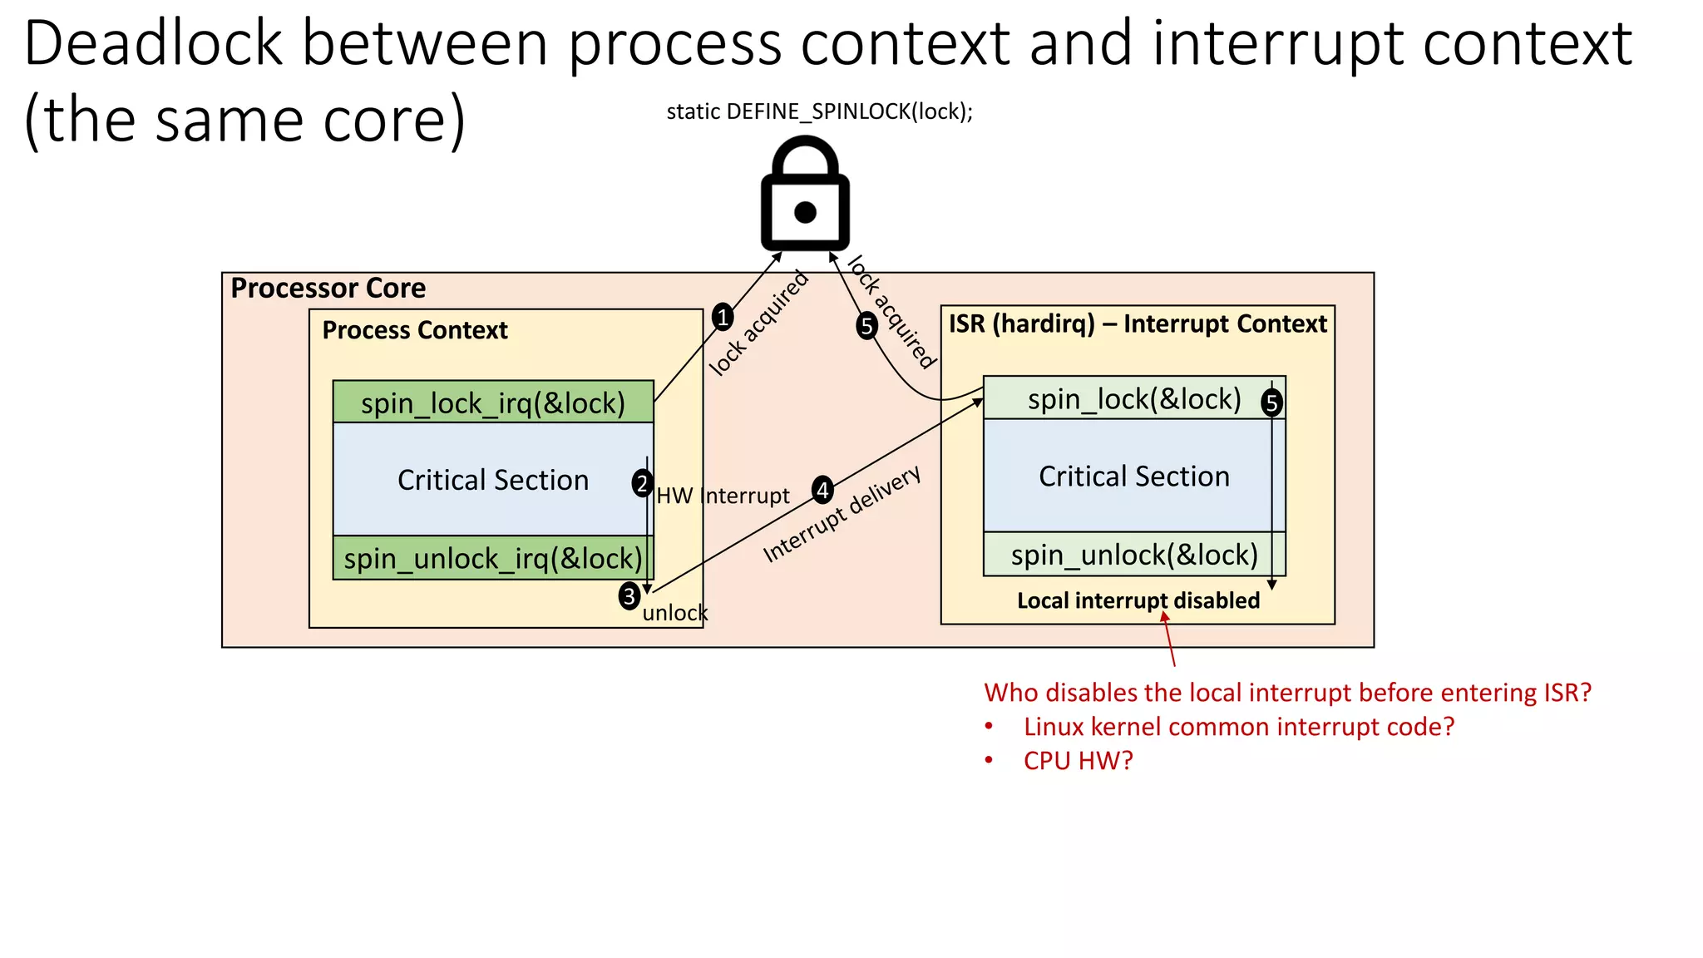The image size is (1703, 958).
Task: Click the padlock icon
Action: tap(805, 195)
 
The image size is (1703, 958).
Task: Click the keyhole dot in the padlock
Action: tap(805, 213)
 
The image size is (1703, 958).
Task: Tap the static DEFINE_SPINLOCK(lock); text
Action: tap(819, 111)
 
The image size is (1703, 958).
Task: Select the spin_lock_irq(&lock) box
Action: tap(492, 403)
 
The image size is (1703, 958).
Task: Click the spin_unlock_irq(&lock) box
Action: tap(492, 558)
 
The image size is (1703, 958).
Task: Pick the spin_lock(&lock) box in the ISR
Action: tap(1133, 399)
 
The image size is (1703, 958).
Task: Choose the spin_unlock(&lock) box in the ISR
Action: tap(1133, 555)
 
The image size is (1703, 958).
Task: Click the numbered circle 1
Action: tap(723, 317)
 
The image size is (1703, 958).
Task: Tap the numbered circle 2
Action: tap(642, 483)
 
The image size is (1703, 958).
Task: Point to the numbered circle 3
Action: tap(629, 595)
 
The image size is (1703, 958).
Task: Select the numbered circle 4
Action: tap(822, 490)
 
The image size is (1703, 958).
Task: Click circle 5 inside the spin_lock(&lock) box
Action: tap(1271, 403)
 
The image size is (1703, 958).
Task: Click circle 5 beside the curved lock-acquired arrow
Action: tap(866, 326)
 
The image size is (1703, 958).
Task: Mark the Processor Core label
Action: tap(328, 288)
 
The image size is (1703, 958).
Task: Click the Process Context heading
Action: tap(414, 330)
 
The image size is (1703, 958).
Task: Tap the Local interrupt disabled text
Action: tap(1138, 600)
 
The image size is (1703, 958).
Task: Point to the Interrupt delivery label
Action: tap(842, 514)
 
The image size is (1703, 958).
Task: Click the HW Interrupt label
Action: tap(723, 496)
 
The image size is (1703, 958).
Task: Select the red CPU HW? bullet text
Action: tap(1078, 761)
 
